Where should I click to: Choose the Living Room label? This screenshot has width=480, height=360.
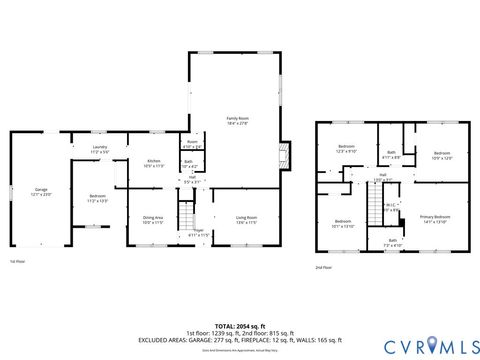pyautogui.click(x=246, y=219)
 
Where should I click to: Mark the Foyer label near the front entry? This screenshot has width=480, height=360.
pyautogui.click(x=198, y=232)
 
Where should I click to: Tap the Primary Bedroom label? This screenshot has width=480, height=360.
pyautogui.click(x=435, y=218)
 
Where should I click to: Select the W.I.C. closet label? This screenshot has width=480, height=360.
pyautogui.click(x=393, y=208)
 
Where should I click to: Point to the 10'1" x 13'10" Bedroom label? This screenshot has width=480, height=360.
pyautogui.click(x=343, y=223)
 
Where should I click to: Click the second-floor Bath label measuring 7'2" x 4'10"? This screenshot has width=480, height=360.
pyautogui.click(x=393, y=242)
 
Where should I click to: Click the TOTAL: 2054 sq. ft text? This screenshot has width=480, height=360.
pyautogui.click(x=240, y=326)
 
